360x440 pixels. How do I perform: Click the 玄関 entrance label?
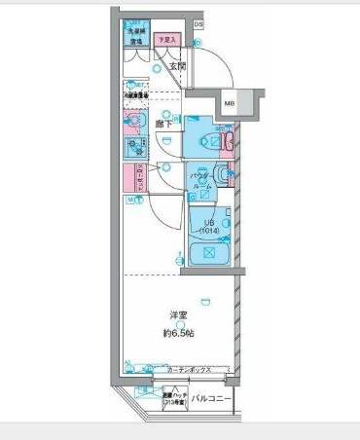tap(177, 66)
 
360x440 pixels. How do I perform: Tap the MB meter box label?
tap(231, 102)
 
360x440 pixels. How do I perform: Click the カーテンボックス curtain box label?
tap(194, 371)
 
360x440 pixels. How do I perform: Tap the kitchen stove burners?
tap(131, 148)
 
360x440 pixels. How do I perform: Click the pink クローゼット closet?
tap(130, 179)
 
